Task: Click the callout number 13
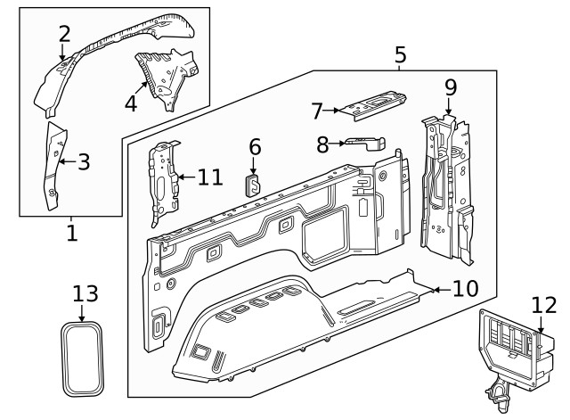pyautogui.click(x=85, y=293)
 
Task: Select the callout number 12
pyautogui.click(x=544, y=305)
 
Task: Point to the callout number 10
pyautogui.click(x=465, y=288)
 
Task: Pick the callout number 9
pyautogui.click(x=450, y=87)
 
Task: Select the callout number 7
pyautogui.click(x=317, y=111)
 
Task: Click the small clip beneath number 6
pyautogui.click(x=253, y=185)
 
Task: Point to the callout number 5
pyautogui.click(x=400, y=55)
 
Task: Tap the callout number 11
pyautogui.click(x=209, y=177)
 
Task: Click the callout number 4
pyautogui.click(x=131, y=103)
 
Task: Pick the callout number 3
pyautogui.click(x=84, y=161)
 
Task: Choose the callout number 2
pyautogui.click(x=64, y=35)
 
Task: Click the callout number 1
pyautogui.click(x=72, y=234)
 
